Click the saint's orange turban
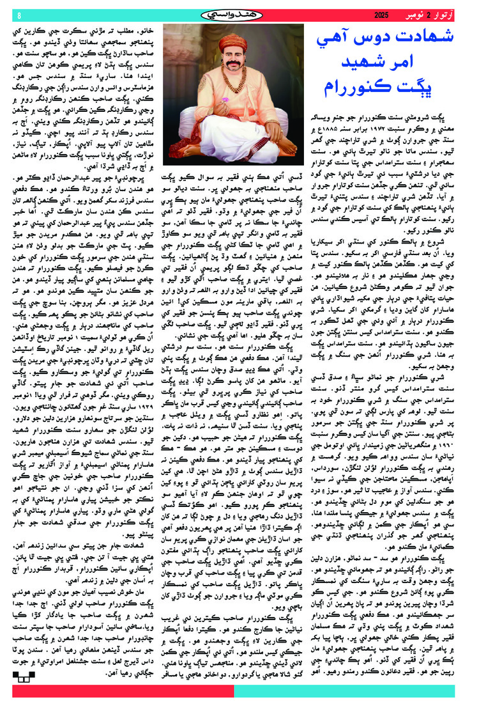(237, 42)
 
